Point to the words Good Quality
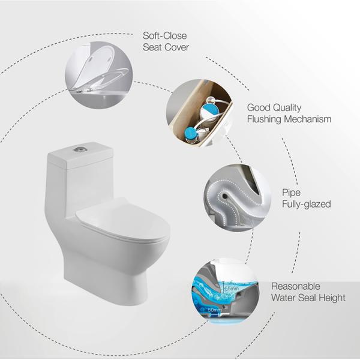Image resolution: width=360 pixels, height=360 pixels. [x=274, y=107]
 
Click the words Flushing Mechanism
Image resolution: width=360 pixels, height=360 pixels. [x=289, y=119]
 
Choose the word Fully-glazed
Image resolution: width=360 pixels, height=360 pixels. [x=306, y=205]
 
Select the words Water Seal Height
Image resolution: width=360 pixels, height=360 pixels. [x=308, y=298]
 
